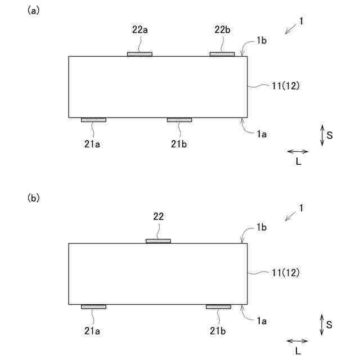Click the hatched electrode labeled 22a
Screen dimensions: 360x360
point(139,54)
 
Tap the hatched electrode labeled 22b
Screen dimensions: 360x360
point(222,54)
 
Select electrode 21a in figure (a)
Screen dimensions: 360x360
point(93,120)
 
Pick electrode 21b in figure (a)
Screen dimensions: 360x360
point(179,120)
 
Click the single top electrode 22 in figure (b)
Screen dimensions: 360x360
point(158,241)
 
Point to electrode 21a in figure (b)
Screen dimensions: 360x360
point(93,307)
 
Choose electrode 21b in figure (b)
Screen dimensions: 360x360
point(218,307)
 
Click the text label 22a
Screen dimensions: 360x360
point(140,30)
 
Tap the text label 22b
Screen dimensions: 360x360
point(222,30)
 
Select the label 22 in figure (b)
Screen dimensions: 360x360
point(159,216)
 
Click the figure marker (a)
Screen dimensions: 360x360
point(34,11)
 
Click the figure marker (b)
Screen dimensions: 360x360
point(34,198)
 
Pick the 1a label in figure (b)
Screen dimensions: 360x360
point(261,321)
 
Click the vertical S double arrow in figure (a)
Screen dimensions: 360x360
point(322,136)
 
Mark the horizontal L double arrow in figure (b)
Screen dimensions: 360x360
point(298,341)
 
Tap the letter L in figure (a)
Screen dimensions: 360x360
point(298,162)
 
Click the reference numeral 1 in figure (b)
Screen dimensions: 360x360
point(301,208)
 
